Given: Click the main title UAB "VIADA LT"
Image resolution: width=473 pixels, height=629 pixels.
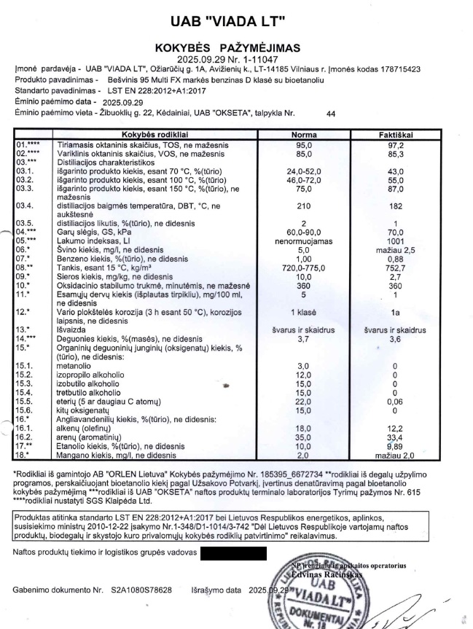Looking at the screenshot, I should [237, 20].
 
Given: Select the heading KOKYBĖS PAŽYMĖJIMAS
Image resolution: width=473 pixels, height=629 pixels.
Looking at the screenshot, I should [237, 47].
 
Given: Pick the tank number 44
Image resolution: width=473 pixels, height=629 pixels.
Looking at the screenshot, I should [331, 114].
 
